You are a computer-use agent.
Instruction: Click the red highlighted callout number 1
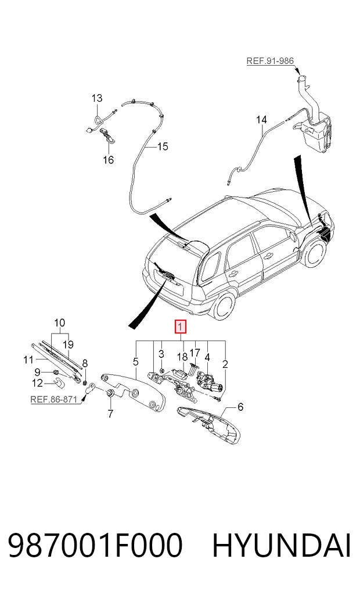pos(181,327)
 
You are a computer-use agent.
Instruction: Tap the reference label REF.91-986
pos(270,60)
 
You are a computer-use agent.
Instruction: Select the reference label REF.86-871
pos(53,400)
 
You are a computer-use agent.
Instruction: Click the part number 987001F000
pos(95,545)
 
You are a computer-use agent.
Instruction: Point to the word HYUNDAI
pos(282,545)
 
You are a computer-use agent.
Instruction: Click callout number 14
pos(261,120)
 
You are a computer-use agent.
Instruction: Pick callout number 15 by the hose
pos(163,146)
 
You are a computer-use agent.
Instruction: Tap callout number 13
pos(97,98)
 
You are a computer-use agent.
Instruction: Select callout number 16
pos(108,160)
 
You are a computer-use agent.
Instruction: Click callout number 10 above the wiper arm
pos(59,323)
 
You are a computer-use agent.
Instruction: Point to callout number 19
pos(68,345)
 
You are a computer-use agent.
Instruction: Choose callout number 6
pos(240,407)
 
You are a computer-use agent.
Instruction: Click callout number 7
pos(110,414)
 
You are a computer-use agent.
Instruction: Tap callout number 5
pos(135,362)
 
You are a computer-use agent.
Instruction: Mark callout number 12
pos(37,383)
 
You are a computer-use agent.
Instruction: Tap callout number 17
pos(195,353)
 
